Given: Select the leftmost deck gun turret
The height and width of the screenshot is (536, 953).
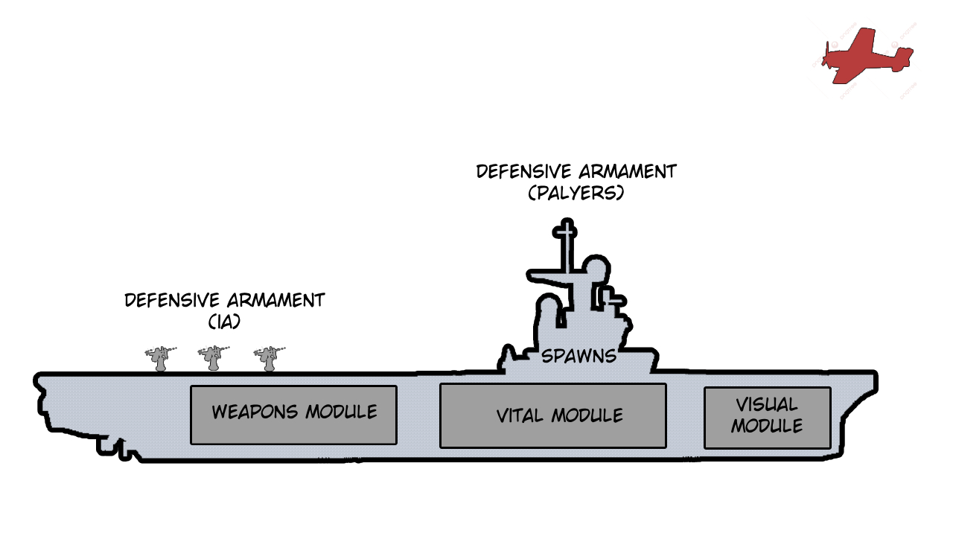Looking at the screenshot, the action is (x=160, y=358).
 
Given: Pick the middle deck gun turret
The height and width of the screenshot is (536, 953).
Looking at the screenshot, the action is (x=213, y=358).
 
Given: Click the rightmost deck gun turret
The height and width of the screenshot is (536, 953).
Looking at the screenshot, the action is (x=269, y=358).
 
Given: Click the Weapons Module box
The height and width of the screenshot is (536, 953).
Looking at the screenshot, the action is (x=293, y=415).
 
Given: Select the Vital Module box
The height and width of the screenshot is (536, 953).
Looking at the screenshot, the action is (x=552, y=415).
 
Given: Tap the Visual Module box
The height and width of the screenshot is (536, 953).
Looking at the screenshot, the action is (x=767, y=418).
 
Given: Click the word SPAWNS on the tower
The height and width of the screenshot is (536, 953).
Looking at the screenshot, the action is (x=579, y=356).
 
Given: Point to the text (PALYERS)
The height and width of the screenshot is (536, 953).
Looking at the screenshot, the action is (x=576, y=193).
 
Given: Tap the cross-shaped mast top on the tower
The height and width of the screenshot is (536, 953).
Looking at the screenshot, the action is (x=565, y=232).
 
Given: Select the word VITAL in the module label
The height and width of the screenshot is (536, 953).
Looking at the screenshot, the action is (x=520, y=415).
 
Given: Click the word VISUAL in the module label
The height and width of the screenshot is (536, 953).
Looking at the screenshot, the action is (x=767, y=404).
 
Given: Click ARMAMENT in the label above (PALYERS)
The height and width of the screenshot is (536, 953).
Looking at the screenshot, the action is (x=628, y=171).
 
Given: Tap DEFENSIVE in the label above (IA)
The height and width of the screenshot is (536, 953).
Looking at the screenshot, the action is (x=171, y=300).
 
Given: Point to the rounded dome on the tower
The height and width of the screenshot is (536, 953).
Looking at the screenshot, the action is (x=596, y=268).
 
